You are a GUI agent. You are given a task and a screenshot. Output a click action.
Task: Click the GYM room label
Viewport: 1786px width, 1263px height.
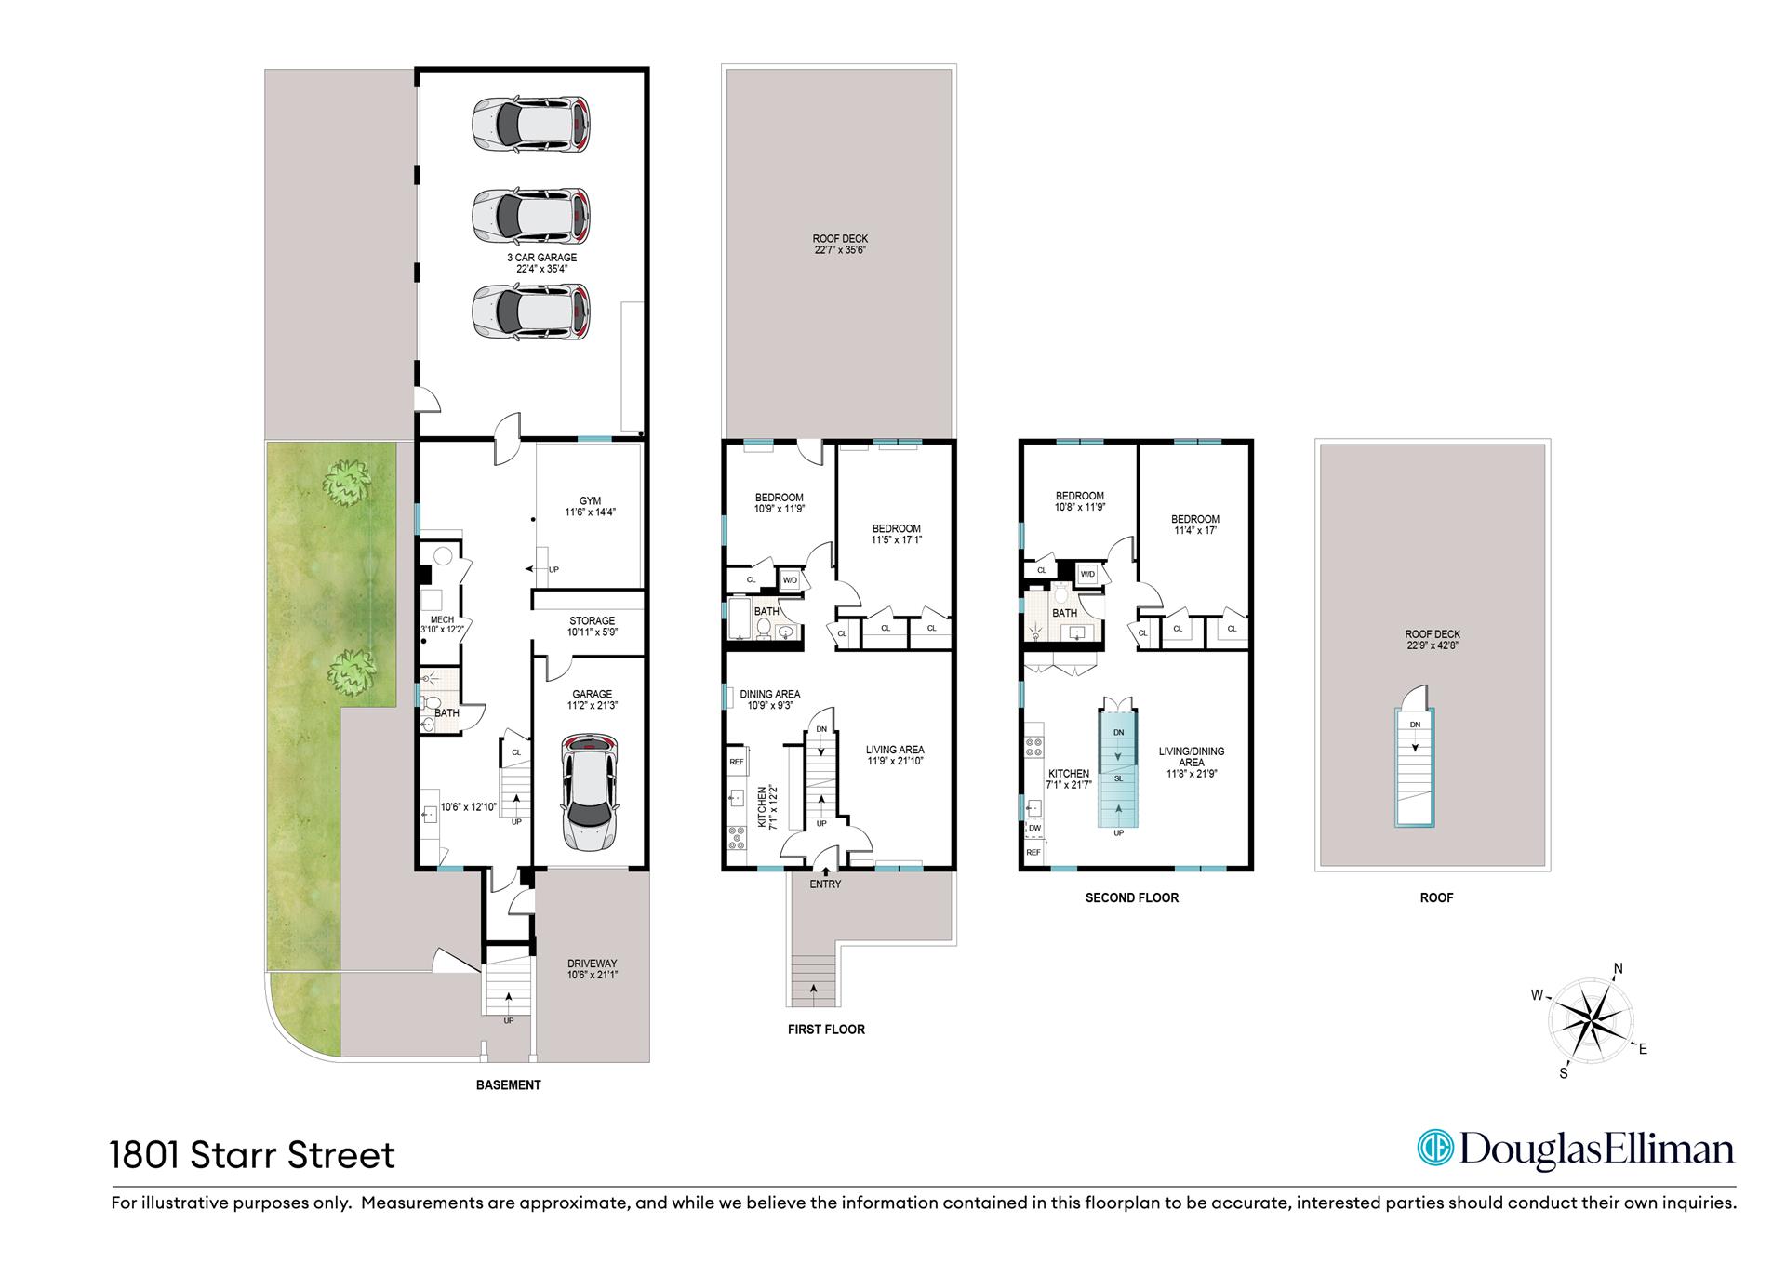[590, 501]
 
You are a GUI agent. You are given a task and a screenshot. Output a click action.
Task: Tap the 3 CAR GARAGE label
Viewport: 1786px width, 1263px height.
[541, 258]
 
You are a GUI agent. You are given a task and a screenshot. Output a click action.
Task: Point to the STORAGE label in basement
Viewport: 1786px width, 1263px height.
[592, 620]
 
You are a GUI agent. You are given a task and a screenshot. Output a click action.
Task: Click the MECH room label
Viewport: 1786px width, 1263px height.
[442, 619]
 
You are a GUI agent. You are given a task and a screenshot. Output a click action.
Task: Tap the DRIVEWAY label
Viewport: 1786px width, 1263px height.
[593, 964]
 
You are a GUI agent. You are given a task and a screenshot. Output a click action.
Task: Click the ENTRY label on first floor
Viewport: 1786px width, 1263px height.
[825, 884]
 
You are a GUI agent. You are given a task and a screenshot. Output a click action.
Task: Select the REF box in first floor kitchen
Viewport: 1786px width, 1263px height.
[737, 762]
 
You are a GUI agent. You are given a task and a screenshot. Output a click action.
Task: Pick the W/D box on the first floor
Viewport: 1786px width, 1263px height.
[790, 579]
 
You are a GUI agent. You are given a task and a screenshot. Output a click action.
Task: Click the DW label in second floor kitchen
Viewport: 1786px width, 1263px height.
[1034, 828]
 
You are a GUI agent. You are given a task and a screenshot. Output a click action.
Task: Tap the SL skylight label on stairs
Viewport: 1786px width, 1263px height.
[1119, 778]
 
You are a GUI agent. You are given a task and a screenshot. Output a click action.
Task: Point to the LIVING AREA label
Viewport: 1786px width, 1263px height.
[895, 750]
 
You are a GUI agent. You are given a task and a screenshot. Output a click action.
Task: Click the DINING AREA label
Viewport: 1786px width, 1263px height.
[770, 694]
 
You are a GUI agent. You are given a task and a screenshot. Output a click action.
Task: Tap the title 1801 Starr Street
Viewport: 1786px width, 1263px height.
[253, 1155]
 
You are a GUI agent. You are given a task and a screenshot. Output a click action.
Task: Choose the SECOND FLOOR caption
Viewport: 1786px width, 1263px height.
[1132, 897]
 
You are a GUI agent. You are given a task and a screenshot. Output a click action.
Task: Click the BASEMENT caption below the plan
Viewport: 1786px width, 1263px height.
[508, 1084]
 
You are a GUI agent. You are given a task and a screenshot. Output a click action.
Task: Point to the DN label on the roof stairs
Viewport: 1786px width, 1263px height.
[1415, 725]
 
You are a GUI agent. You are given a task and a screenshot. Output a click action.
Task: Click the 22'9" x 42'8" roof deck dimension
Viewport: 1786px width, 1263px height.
[1433, 645]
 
